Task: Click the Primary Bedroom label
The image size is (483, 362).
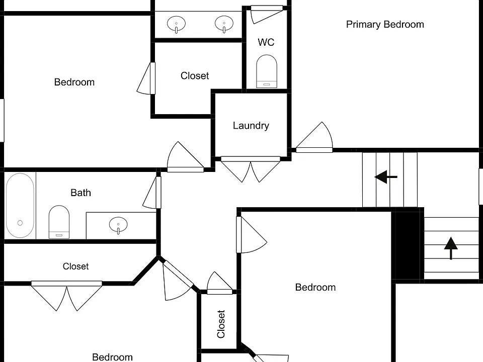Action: (x=385, y=25)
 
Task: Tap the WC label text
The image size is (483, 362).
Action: (x=266, y=42)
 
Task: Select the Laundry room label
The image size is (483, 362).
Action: (x=251, y=126)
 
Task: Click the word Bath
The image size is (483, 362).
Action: (x=80, y=193)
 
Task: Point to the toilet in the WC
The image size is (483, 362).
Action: (x=267, y=71)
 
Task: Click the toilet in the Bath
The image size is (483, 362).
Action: (x=59, y=222)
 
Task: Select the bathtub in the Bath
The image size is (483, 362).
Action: (x=20, y=205)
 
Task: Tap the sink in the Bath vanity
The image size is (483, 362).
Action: (x=118, y=225)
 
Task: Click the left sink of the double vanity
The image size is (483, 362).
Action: (x=176, y=24)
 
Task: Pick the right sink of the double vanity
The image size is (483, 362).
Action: (x=224, y=24)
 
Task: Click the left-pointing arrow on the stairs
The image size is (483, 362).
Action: (x=386, y=177)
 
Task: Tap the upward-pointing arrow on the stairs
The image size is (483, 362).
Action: (x=451, y=248)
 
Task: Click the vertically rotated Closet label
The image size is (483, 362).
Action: (x=221, y=324)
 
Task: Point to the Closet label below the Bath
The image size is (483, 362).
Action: (x=76, y=266)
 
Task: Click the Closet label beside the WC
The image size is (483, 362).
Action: (x=195, y=76)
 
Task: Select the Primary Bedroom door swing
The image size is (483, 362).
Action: (x=314, y=137)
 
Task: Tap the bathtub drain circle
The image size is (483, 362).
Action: (x=20, y=223)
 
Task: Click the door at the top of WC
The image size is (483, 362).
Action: (x=267, y=14)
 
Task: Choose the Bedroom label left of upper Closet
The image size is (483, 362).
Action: (x=74, y=82)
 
